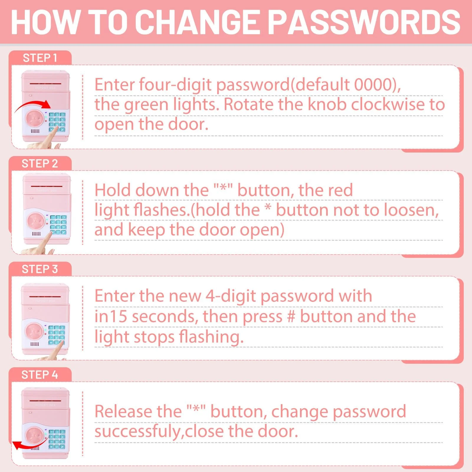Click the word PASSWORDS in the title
tap(365, 22)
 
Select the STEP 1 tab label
tap(40, 58)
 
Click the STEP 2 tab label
tap(40, 164)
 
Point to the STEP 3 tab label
tap(40, 269)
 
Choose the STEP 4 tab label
tap(40, 375)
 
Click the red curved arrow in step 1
tap(32, 106)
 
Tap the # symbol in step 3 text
tap(291, 317)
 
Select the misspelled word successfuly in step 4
tap(139, 432)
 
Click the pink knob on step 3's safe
tap(35, 332)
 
